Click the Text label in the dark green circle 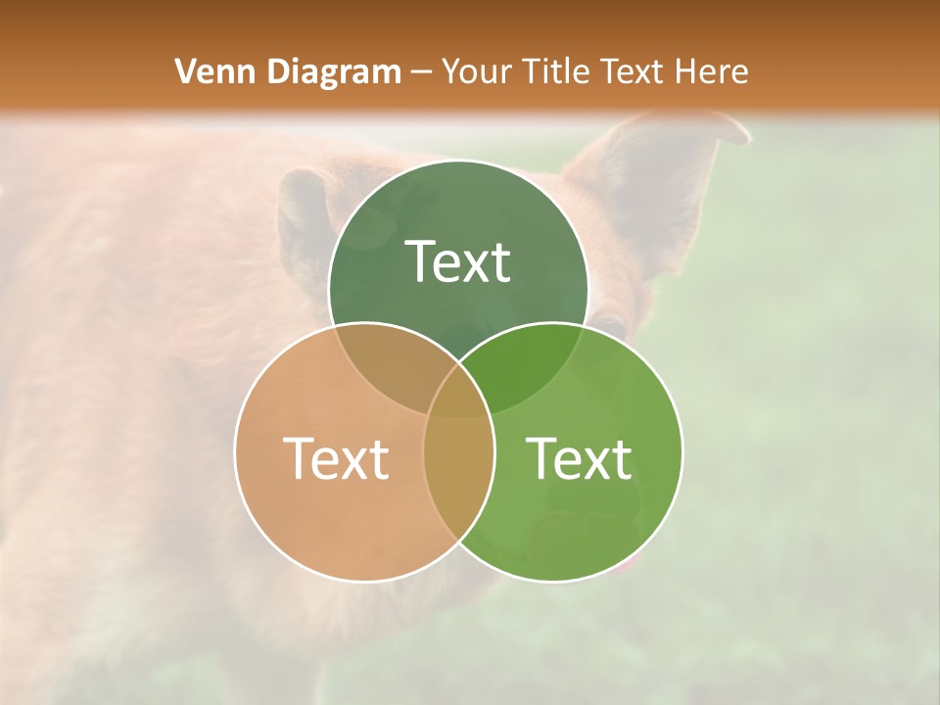click(458, 261)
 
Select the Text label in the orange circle click(336, 458)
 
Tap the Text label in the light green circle click(580, 458)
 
